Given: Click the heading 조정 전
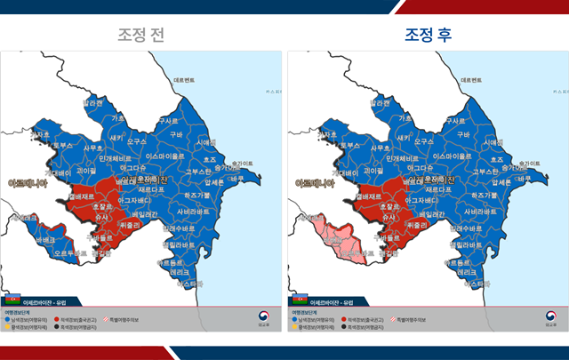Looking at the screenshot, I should (141, 35).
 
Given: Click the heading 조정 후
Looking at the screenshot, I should (428, 35).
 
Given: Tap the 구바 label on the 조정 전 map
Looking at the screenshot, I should (176, 134).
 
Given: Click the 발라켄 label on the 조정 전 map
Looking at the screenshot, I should (93, 103).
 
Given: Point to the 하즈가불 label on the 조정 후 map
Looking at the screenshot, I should (486, 194).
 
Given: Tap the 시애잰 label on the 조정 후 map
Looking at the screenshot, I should (494, 141).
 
